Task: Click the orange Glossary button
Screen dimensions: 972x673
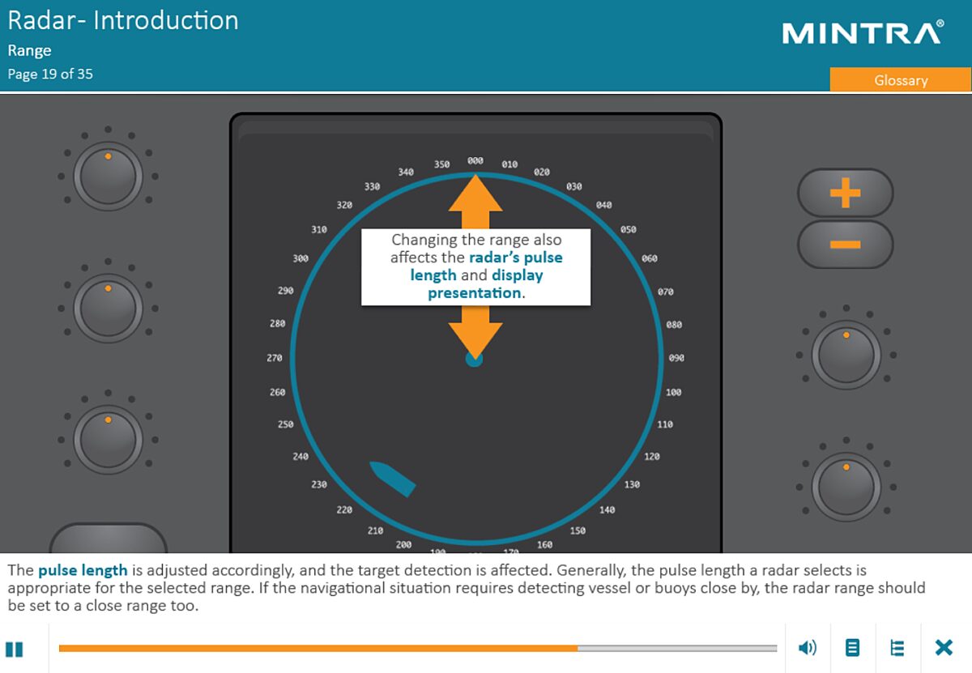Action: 901,80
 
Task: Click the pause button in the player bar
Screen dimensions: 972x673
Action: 14,650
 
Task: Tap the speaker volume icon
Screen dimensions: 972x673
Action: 808,648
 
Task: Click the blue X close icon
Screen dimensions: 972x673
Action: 944,647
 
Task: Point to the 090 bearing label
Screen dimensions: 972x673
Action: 676,358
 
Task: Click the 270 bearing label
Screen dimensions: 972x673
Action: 275,358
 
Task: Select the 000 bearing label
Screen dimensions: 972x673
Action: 475,160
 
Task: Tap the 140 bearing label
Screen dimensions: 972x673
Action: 607,510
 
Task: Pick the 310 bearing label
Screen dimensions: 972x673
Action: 319,229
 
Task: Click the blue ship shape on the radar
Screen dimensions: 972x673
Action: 392,479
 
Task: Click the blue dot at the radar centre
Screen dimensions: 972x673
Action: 474,360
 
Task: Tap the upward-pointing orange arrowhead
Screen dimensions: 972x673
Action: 475,193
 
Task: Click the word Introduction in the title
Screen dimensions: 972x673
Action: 166,20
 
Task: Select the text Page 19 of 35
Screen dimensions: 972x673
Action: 50,74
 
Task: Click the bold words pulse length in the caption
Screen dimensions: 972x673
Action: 83,570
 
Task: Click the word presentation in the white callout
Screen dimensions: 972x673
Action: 475,293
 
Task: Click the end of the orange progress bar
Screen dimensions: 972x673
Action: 578,648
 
